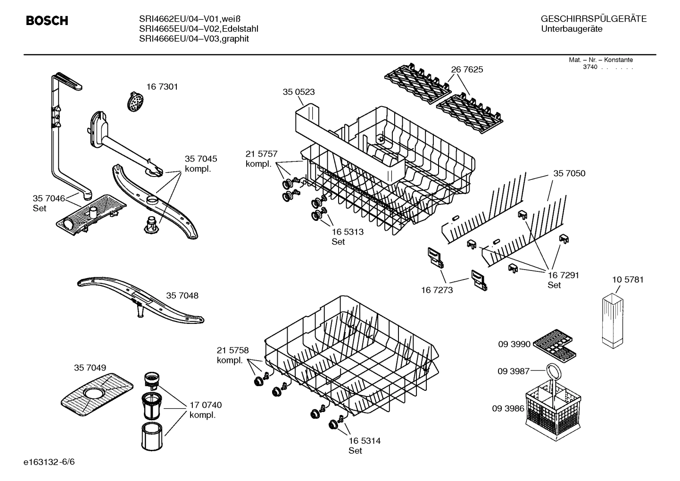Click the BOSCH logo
pos(47,21)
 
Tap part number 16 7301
pos(162,87)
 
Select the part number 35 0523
pos(299,92)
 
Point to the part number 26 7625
pos(467,69)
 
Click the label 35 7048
pos(182,295)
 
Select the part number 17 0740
pos(206,405)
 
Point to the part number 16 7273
pos(437,290)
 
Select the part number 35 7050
pos(569,174)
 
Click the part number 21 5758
pos(232,350)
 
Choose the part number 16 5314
pos(365,440)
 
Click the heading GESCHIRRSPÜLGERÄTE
pos(593,19)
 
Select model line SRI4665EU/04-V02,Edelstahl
pos(199,29)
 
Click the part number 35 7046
pos(49,198)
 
